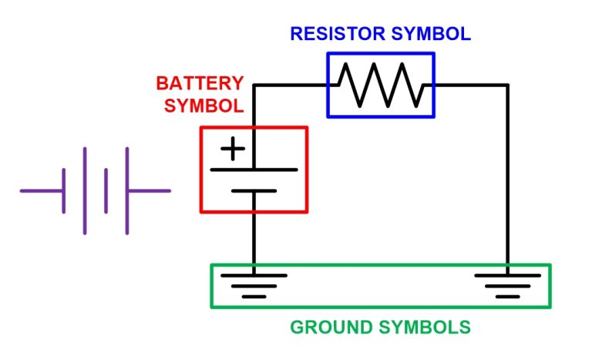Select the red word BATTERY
pos(200,83)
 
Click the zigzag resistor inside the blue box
pos(381,85)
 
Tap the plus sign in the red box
pos(233,149)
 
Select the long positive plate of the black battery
pos(254,169)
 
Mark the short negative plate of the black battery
pos(254,190)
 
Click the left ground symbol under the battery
pos(254,284)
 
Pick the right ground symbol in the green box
pos(507,284)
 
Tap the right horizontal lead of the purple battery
pos(148,190)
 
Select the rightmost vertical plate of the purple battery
pos(126,190)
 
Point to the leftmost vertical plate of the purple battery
pos(63,190)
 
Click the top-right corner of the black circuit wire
pos(507,85)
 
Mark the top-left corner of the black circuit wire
pos(254,85)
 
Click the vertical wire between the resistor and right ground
pos(507,177)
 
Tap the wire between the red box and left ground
pos(254,239)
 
